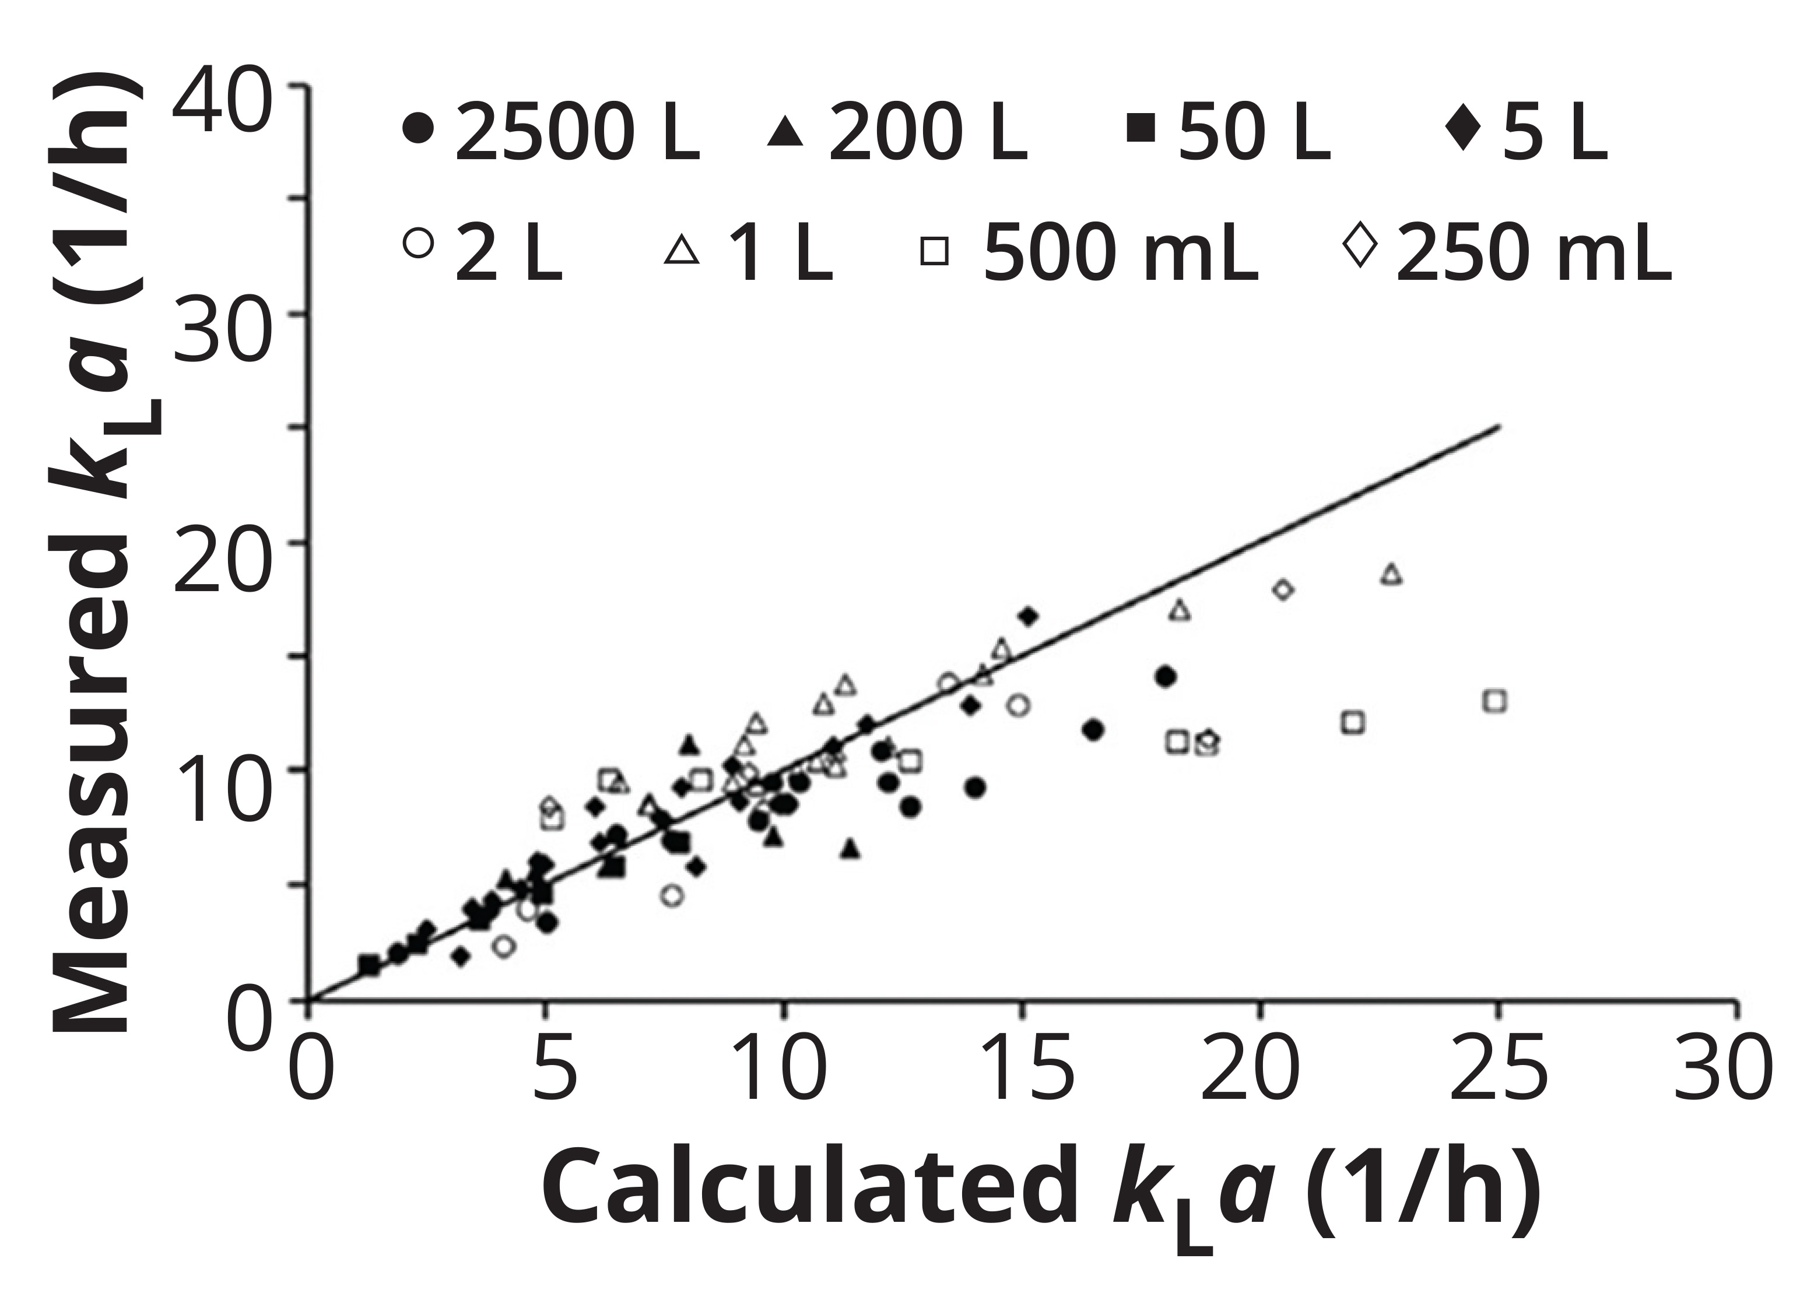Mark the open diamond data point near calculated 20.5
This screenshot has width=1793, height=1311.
click(1283, 590)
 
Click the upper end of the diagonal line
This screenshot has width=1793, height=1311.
click(1496, 427)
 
